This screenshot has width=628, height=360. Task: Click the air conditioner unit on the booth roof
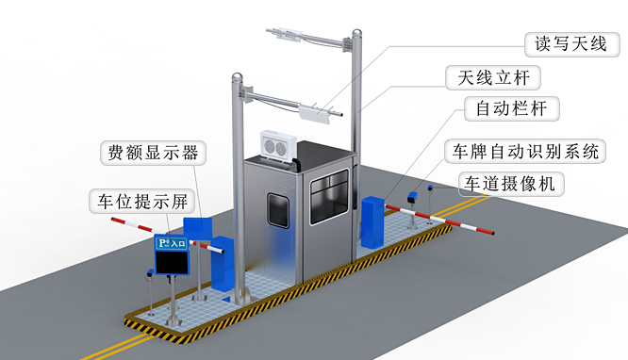pyautogui.click(x=277, y=145)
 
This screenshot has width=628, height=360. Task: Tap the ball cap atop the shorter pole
pyautogui.click(x=235, y=78)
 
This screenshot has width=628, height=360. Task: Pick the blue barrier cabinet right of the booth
pyautogui.click(x=372, y=222)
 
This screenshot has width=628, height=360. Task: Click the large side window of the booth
pyautogui.click(x=330, y=197)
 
